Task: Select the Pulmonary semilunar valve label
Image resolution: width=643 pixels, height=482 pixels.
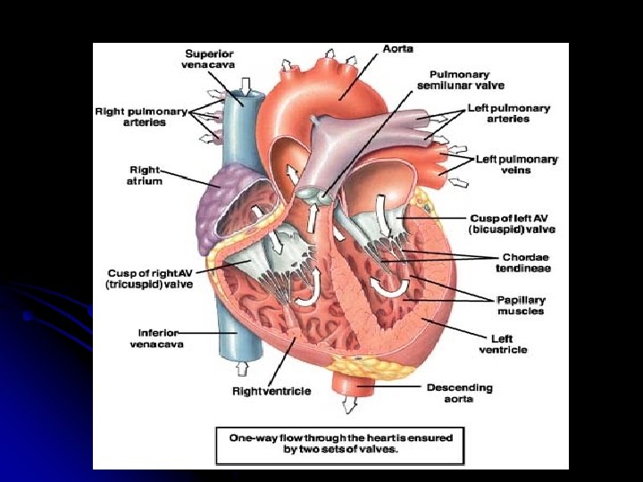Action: click(x=461, y=79)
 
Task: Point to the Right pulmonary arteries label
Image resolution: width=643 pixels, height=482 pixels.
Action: click(x=141, y=116)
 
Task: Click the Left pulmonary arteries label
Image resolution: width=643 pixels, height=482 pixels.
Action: click(x=509, y=113)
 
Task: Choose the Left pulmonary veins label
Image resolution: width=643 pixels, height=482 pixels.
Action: click(x=517, y=164)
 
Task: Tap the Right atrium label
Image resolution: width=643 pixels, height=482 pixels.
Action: click(x=146, y=174)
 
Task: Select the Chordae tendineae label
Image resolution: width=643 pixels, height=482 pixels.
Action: click(x=523, y=262)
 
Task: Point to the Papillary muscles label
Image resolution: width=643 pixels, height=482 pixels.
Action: click(x=522, y=305)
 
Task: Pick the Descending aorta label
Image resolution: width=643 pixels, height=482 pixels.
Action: click(x=459, y=393)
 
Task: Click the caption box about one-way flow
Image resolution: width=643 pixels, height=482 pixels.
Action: click(x=340, y=444)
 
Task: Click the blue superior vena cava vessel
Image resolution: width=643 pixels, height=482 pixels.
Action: click(x=238, y=125)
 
